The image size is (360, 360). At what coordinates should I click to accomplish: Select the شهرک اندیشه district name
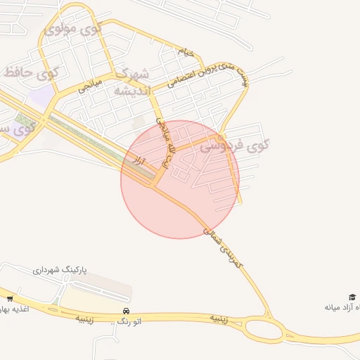click(x=132, y=82)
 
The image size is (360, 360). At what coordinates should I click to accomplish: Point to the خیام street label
click(x=184, y=51)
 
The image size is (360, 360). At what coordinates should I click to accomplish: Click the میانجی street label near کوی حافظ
click(x=90, y=86)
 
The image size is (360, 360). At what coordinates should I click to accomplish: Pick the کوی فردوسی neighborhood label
click(x=234, y=146)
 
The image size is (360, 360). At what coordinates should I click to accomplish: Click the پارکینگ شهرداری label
click(x=60, y=270)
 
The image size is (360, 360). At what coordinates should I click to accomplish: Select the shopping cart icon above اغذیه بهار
click(x=10, y=298)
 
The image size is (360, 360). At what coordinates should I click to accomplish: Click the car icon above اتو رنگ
click(x=126, y=311)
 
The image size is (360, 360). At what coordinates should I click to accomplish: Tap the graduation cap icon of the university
click(x=352, y=297)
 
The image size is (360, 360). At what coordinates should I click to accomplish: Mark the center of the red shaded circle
click(x=180, y=179)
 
